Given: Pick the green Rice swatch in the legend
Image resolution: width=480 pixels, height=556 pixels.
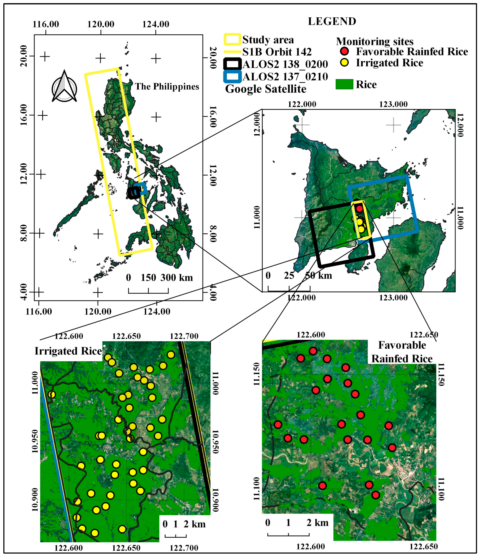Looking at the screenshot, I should (x=344, y=84).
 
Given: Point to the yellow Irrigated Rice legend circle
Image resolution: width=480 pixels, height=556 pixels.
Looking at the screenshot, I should (x=344, y=63).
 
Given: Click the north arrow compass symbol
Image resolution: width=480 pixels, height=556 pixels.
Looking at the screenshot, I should (x=64, y=86).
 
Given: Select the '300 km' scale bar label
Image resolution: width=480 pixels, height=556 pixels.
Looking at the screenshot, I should (x=177, y=277).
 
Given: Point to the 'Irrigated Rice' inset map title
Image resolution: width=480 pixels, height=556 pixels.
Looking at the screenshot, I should (x=68, y=351).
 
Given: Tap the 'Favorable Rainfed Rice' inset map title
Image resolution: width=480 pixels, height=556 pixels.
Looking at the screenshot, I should (x=402, y=352).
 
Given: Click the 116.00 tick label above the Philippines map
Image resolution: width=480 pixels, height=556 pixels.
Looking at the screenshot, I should (x=46, y=24).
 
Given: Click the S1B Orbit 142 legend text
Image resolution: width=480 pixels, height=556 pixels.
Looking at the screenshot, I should (x=277, y=52).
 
